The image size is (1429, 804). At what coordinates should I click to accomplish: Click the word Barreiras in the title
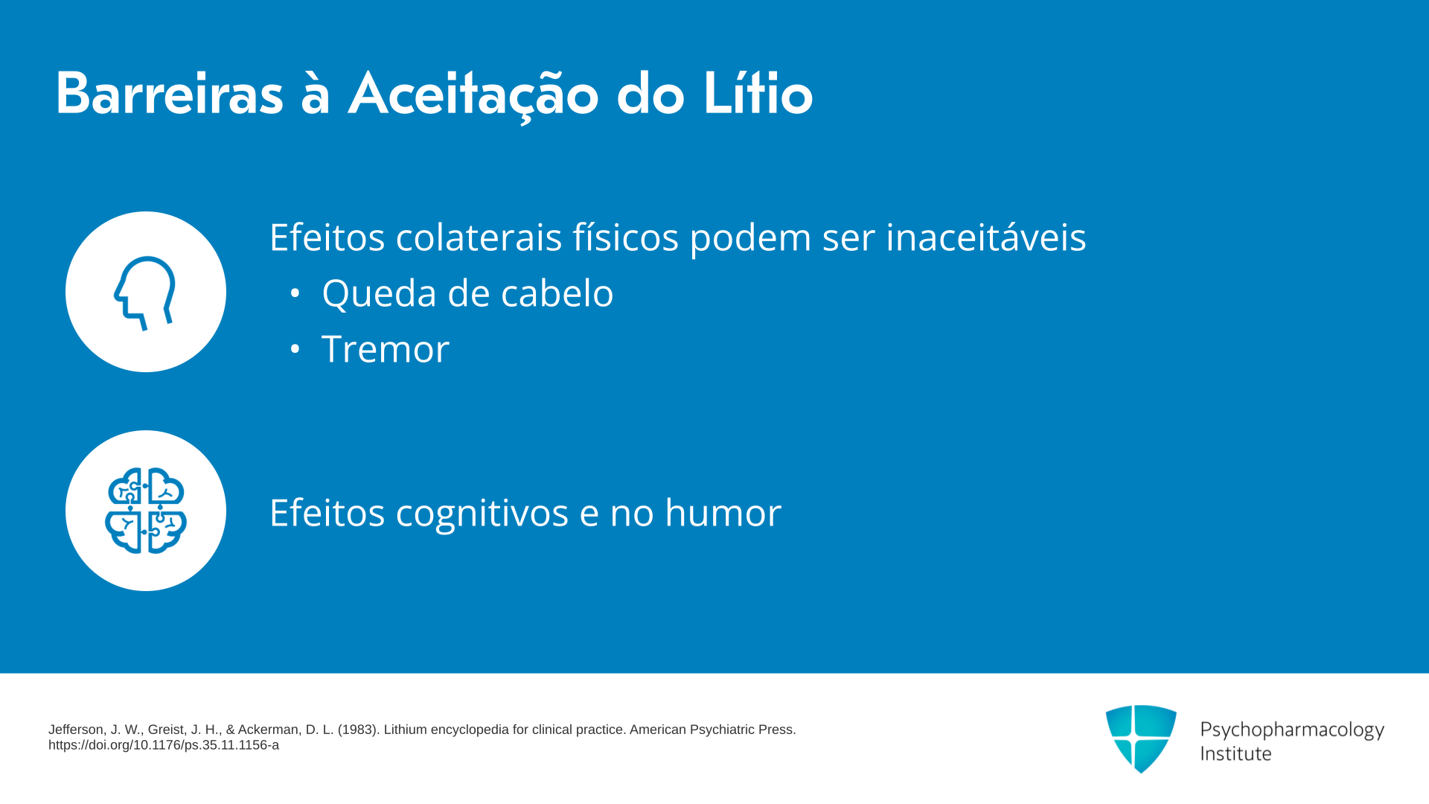click(170, 94)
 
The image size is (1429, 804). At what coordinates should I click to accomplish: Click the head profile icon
click(145, 293)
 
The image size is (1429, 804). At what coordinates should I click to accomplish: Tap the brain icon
click(146, 511)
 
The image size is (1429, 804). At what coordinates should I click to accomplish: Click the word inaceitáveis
click(985, 237)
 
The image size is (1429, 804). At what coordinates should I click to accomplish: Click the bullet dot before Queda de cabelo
click(295, 293)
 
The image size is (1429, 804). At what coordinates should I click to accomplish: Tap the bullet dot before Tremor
click(295, 349)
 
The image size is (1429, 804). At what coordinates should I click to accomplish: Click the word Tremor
click(386, 348)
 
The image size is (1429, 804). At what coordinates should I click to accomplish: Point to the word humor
click(723, 512)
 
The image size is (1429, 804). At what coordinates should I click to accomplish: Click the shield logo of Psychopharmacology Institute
click(1141, 738)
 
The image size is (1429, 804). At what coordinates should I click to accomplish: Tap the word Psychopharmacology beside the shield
click(1292, 730)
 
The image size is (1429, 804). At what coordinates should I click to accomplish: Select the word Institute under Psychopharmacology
click(1235, 753)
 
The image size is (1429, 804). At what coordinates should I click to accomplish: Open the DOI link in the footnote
click(164, 745)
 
